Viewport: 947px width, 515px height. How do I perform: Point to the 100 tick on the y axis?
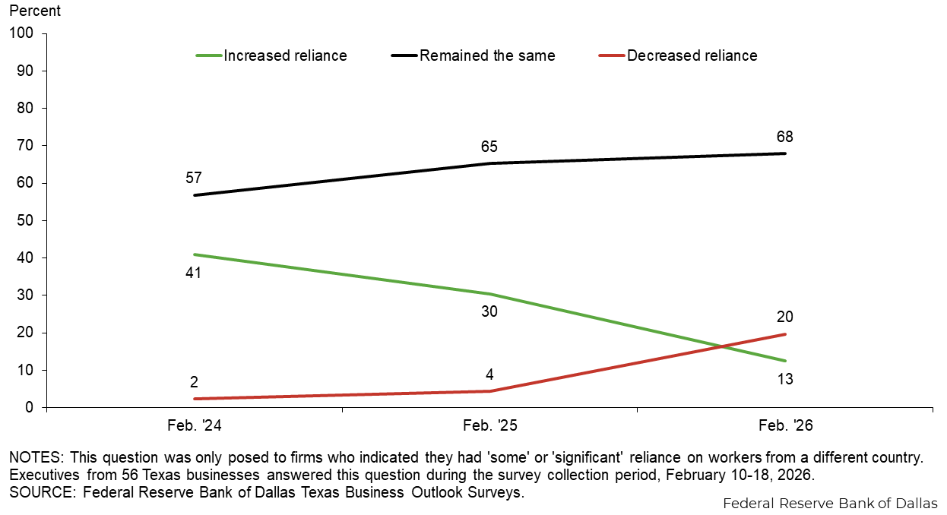[x=23, y=33]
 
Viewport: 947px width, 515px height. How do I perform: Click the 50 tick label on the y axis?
[x=26, y=220]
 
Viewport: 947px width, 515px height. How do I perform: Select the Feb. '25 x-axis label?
[x=489, y=426]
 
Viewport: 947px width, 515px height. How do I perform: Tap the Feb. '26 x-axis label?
[x=785, y=426]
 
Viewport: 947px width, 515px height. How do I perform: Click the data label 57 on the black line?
[x=193, y=178]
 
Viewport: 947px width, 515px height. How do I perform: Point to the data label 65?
[x=489, y=147]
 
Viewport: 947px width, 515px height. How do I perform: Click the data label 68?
[x=785, y=137]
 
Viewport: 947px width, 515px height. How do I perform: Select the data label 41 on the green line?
[x=193, y=272]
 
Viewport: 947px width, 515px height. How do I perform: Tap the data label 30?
[x=489, y=311]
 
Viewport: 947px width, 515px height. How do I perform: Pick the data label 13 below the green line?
[x=785, y=378]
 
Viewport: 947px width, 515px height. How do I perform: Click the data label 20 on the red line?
[x=785, y=317]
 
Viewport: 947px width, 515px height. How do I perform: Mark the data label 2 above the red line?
[x=193, y=382]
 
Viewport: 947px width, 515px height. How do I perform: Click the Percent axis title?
[x=35, y=12]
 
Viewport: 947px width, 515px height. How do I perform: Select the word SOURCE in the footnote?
[x=36, y=491]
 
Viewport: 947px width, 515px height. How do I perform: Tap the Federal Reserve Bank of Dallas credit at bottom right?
[x=830, y=504]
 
